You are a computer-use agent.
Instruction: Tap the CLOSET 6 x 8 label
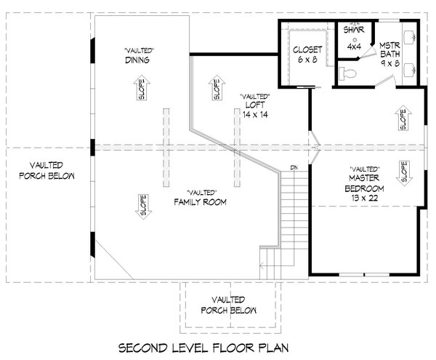click(x=308, y=55)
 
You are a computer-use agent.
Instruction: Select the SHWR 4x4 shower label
click(x=354, y=39)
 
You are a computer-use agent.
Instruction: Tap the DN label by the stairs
click(x=294, y=169)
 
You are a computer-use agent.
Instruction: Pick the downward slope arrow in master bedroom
click(x=401, y=172)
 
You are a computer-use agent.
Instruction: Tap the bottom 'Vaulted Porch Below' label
click(x=228, y=305)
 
